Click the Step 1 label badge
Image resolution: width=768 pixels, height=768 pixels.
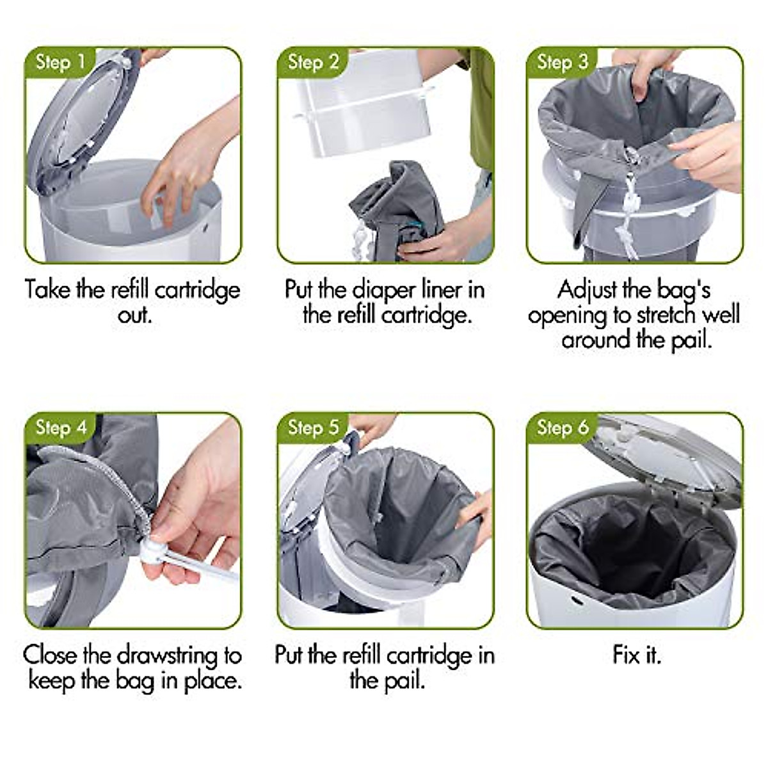[60, 62]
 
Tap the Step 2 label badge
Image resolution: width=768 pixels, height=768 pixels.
[313, 62]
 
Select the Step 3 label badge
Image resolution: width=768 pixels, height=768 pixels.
[562, 62]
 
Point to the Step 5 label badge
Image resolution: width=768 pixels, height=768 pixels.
[313, 427]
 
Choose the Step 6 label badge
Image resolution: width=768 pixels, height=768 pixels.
[562, 427]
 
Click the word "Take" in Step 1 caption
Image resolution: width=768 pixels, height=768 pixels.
[48, 290]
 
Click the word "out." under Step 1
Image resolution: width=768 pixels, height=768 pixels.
[134, 315]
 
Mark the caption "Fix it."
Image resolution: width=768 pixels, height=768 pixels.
[636, 655]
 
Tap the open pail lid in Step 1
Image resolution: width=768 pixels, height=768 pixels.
[83, 128]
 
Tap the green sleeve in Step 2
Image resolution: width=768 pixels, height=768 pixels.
[481, 109]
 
